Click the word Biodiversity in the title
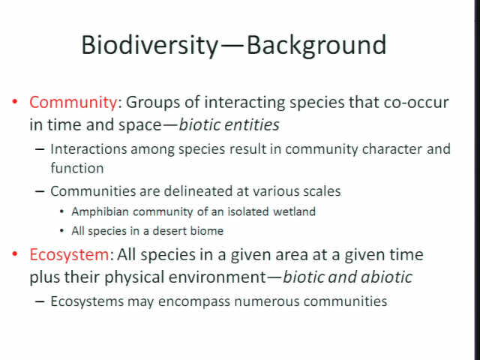pos(150,45)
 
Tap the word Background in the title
pos(316,45)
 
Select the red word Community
pos(73,103)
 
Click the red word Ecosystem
pos(69,255)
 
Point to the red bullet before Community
pos(14,101)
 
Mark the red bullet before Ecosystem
pos(14,253)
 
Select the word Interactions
pos(88,149)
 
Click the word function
pos(77,168)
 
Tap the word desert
pos(169,231)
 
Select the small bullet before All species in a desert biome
pos(61,230)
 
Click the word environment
pos(217,277)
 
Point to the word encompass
pos(194,301)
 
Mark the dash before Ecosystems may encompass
pos(40,301)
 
